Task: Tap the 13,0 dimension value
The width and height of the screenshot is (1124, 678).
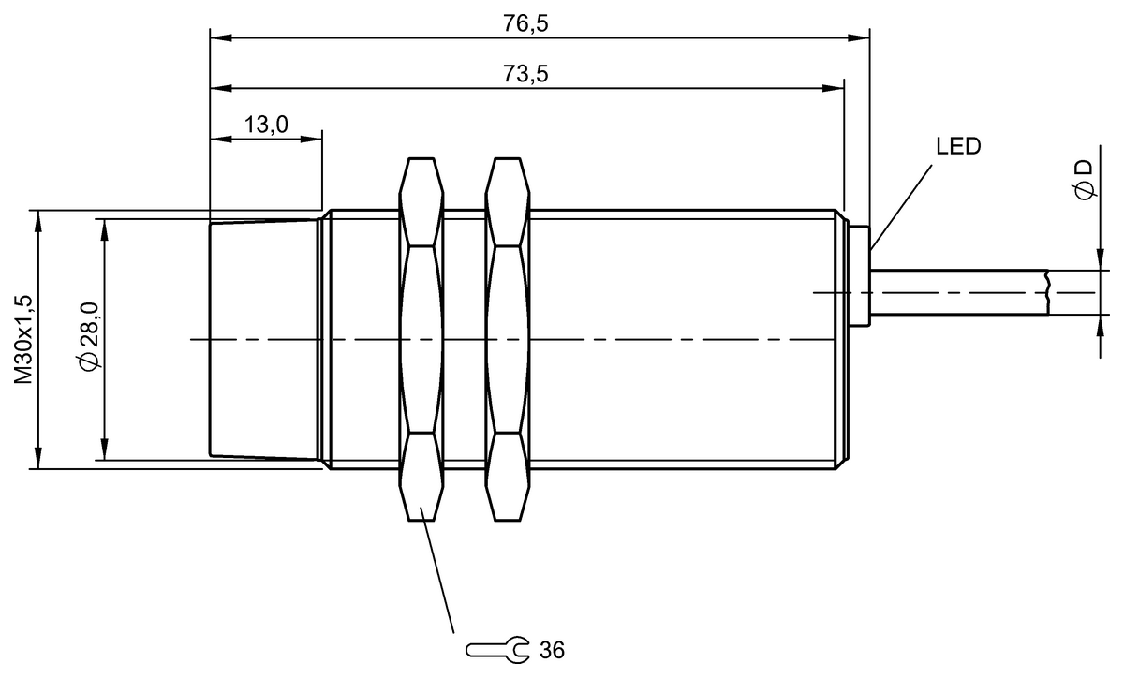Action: point(267,125)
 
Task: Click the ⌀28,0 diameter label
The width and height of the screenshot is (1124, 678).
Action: point(87,338)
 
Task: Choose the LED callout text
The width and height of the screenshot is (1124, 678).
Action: point(957,147)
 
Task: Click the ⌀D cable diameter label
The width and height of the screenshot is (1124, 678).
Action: point(1084,178)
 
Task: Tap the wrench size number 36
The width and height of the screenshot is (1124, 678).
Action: point(552,649)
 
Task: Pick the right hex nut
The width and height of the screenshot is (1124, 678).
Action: point(507,338)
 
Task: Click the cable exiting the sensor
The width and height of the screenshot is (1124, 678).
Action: point(955,292)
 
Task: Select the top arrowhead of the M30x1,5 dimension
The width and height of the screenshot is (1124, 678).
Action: point(38,218)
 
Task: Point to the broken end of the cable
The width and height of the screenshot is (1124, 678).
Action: point(1047,292)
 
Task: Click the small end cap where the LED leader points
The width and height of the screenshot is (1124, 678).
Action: point(861,276)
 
